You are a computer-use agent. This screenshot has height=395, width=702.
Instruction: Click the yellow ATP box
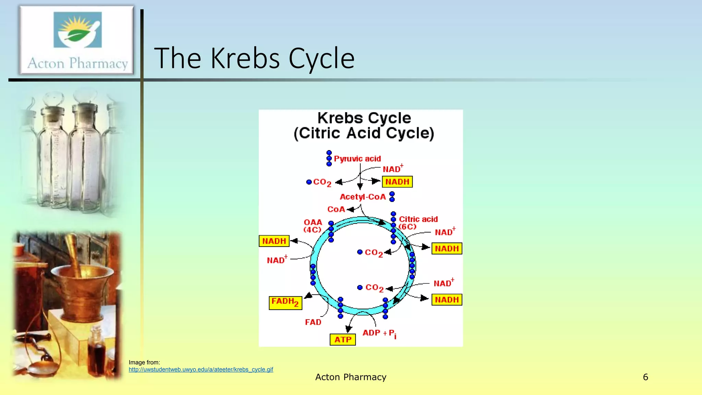click(x=342, y=339)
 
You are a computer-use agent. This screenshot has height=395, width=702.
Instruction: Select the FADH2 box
click(x=285, y=302)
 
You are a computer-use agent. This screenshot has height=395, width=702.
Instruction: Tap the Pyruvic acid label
click(x=357, y=159)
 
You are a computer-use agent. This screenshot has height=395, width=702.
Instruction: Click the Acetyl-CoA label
click(x=363, y=197)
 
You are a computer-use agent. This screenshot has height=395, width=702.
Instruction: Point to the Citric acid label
click(x=418, y=219)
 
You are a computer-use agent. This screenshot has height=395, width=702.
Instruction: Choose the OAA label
click(x=313, y=223)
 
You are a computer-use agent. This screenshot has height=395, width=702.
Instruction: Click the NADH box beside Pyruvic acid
click(x=397, y=182)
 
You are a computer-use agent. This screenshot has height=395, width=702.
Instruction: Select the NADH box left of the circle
click(x=274, y=241)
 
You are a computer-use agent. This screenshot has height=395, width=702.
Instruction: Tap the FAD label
click(x=313, y=322)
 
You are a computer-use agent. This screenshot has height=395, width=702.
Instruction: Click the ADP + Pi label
click(x=379, y=333)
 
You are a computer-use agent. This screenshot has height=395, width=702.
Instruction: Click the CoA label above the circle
click(x=336, y=210)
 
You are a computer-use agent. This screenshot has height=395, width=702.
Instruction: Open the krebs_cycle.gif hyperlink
click(x=201, y=370)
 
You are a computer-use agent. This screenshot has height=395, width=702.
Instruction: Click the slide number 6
click(x=645, y=377)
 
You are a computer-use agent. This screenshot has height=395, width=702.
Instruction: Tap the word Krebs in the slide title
click(x=245, y=58)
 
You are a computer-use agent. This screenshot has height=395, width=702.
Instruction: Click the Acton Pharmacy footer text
click(x=351, y=377)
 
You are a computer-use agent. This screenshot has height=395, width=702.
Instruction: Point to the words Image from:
click(x=144, y=362)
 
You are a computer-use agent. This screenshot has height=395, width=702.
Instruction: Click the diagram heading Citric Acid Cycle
click(x=364, y=133)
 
